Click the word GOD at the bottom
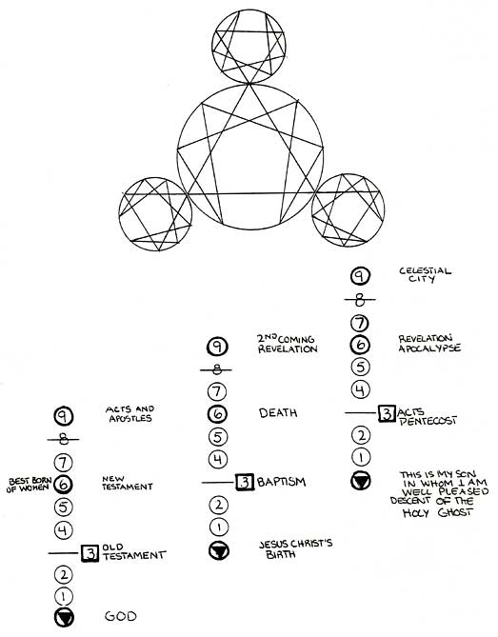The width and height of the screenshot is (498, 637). tap(120, 616)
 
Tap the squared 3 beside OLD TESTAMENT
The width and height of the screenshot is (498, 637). tap(90, 553)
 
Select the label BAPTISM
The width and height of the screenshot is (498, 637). tap(281, 482)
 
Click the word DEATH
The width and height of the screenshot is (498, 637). tap(278, 412)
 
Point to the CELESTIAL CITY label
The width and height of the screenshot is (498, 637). tap(425, 274)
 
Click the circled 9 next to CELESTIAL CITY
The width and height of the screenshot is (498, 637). tap(360, 276)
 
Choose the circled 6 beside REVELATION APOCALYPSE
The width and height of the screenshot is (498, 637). tap(360, 345)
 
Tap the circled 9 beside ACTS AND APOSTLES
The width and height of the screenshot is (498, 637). tap(63, 415)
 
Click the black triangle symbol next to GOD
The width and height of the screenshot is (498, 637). tap(64, 618)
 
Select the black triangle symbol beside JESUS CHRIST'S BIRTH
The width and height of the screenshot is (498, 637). tap(219, 551)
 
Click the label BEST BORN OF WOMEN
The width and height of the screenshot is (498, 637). tap(30, 485)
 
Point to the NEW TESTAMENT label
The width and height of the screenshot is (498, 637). tap(128, 483)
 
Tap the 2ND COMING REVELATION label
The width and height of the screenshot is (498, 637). tap(287, 344)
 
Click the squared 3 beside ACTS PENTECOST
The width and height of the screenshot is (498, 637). tap(387, 413)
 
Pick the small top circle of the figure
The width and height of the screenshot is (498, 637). tap(249, 10)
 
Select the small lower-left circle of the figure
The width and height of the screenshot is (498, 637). tap(155, 177)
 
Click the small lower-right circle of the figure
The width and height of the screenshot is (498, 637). tap(349, 174)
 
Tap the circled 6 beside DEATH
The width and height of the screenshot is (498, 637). tap(218, 414)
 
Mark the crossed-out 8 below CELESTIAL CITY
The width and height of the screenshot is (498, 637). tap(360, 300)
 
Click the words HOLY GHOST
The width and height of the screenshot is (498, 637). tap(437, 512)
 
